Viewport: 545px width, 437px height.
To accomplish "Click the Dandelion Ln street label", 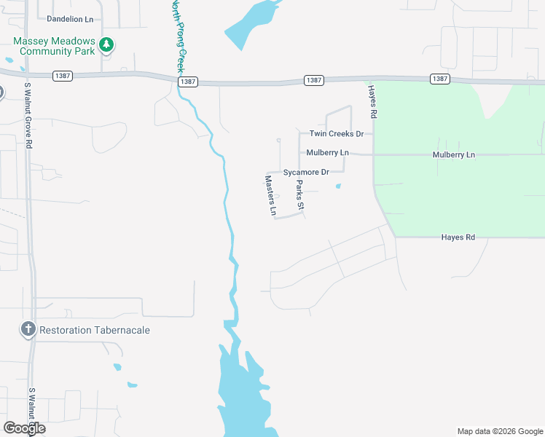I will [x=70, y=18].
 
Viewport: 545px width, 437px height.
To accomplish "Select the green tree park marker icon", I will [x=106, y=45].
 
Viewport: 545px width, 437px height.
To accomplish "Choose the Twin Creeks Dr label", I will [x=336, y=134].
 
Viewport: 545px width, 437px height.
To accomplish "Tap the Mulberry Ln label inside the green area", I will [x=453, y=155].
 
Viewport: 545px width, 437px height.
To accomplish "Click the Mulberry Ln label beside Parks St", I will [x=328, y=153].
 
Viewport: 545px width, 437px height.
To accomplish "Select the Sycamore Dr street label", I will [x=306, y=172].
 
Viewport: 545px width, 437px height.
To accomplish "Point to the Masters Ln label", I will [x=270, y=196].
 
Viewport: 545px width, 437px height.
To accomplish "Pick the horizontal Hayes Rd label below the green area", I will [x=458, y=237].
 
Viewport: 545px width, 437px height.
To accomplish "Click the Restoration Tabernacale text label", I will [x=95, y=330].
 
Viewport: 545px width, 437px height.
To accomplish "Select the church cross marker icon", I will [x=28, y=329].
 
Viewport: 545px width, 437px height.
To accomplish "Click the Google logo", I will [x=24, y=428].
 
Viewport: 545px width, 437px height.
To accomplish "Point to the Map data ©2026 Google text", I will [x=499, y=431].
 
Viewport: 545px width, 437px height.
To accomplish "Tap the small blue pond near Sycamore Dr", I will [x=338, y=186].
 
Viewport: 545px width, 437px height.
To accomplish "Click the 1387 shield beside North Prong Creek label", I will [x=187, y=82].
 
